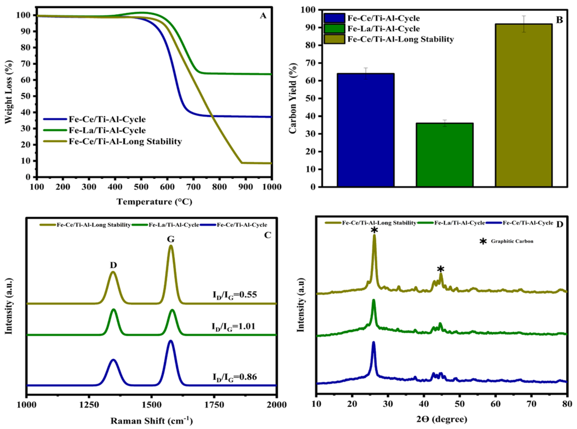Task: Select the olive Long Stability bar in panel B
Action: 524,105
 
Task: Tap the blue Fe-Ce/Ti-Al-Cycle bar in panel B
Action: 366,130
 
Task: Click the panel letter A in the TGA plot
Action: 263,16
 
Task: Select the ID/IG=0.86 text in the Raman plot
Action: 235,377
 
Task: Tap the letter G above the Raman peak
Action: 171,239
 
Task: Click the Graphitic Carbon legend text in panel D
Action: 512,241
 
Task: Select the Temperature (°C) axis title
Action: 154,202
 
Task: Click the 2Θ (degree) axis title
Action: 442,419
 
